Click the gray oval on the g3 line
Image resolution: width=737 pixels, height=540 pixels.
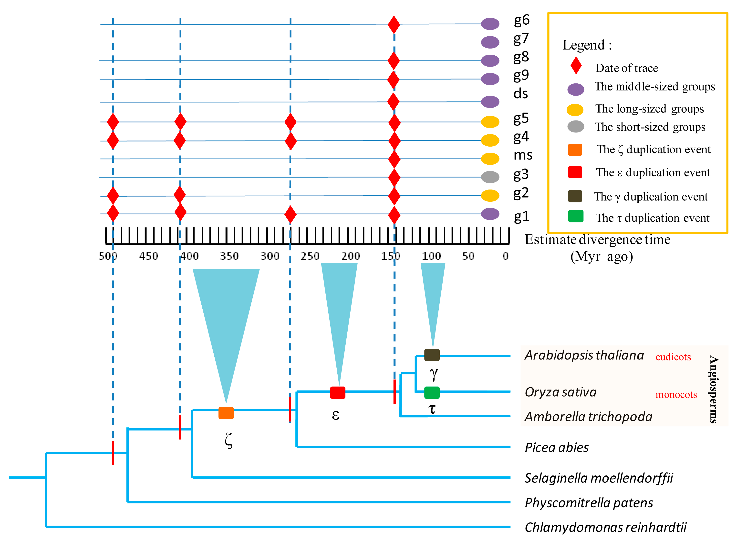click(x=490, y=177)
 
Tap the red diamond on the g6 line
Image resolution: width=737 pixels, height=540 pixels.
click(x=394, y=25)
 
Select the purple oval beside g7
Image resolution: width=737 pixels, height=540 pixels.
click(x=490, y=42)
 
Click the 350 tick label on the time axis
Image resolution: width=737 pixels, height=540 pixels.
click(x=229, y=256)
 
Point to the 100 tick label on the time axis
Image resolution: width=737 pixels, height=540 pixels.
click(x=431, y=256)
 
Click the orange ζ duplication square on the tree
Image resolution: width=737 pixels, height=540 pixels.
click(x=226, y=413)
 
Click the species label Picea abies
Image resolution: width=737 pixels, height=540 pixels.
click(x=556, y=448)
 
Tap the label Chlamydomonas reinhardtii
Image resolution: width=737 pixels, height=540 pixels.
click(x=605, y=527)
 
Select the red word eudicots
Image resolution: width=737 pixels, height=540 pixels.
click(x=673, y=357)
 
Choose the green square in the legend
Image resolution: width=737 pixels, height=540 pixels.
click(x=575, y=216)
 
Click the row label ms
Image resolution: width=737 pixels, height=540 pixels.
click(x=522, y=155)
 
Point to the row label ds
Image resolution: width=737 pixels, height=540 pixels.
click(x=520, y=94)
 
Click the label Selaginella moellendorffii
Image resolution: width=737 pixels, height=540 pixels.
click(x=598, y=478)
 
